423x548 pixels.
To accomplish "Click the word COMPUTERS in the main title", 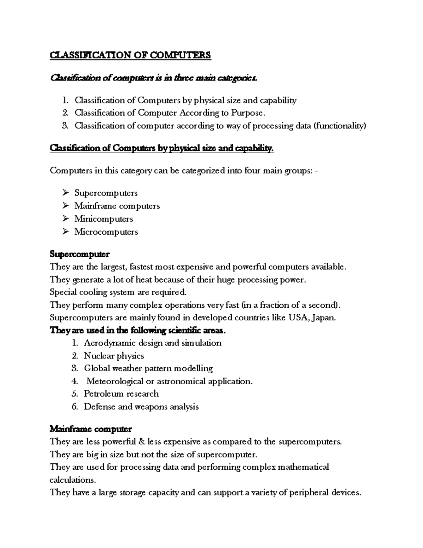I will pos(180,55).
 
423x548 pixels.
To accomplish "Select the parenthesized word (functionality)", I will pos(340,126).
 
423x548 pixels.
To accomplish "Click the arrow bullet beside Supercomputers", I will pos(65,193).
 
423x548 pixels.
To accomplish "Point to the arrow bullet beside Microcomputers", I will pos(65,231).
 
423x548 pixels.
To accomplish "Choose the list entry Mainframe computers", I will pos(117,206).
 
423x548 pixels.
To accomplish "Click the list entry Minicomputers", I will pos(104,219).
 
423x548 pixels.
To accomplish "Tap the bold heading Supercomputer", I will pos(80,254).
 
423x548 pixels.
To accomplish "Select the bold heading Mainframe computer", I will pos(91,429).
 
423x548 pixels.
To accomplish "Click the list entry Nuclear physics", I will pos(114,356).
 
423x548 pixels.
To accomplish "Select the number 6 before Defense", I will pos(74,407).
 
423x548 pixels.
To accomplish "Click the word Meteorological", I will pos(115,381).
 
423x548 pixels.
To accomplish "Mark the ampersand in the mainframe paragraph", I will pos(142,442).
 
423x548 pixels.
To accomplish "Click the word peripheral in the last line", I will pos(309,493).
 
